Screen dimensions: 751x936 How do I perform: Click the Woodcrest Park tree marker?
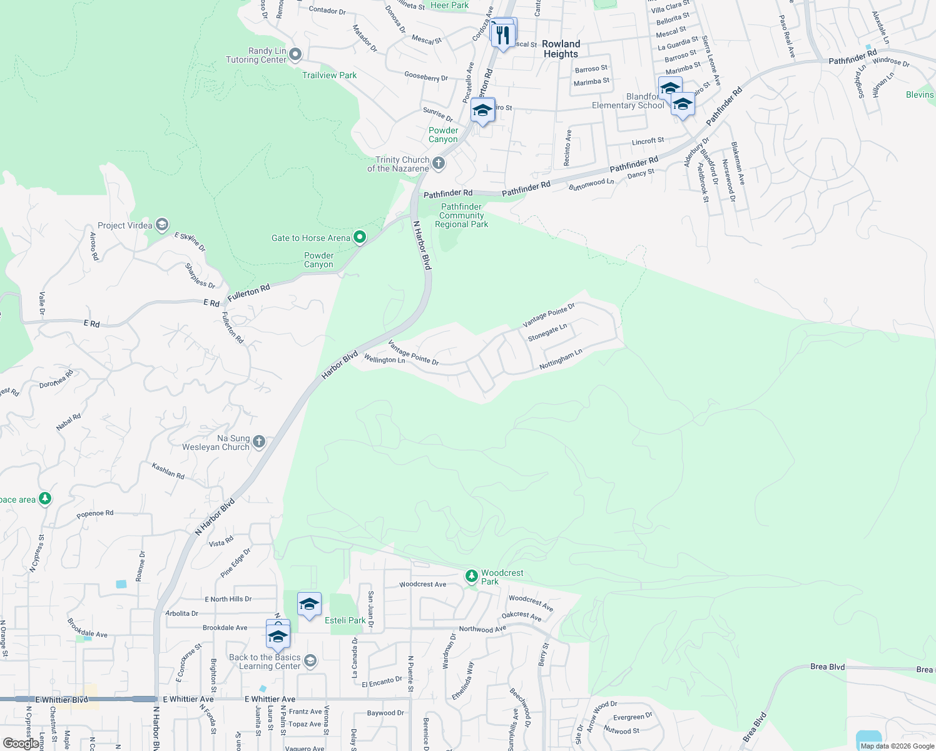472,576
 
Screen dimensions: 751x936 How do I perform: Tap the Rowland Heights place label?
561,49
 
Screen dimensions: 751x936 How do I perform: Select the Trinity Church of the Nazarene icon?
439,164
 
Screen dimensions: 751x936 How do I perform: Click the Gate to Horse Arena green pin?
360,237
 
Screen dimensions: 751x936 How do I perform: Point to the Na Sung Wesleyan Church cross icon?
259,442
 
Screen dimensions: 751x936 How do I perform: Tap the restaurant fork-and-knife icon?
502,34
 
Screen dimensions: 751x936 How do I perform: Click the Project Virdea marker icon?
162,225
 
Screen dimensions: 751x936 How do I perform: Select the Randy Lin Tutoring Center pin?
296,55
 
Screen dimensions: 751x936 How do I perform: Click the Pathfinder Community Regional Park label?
462,215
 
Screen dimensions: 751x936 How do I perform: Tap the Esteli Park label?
345,620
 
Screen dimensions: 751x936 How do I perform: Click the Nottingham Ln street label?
561,359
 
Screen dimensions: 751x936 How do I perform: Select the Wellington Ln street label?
384,359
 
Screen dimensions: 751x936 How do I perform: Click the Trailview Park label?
329,75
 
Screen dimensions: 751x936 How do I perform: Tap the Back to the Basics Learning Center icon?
310,661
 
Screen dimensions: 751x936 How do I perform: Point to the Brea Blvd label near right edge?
827,667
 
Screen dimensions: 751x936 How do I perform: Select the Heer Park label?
449,5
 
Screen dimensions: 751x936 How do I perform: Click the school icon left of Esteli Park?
309,604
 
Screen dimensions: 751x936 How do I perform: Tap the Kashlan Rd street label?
168,471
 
